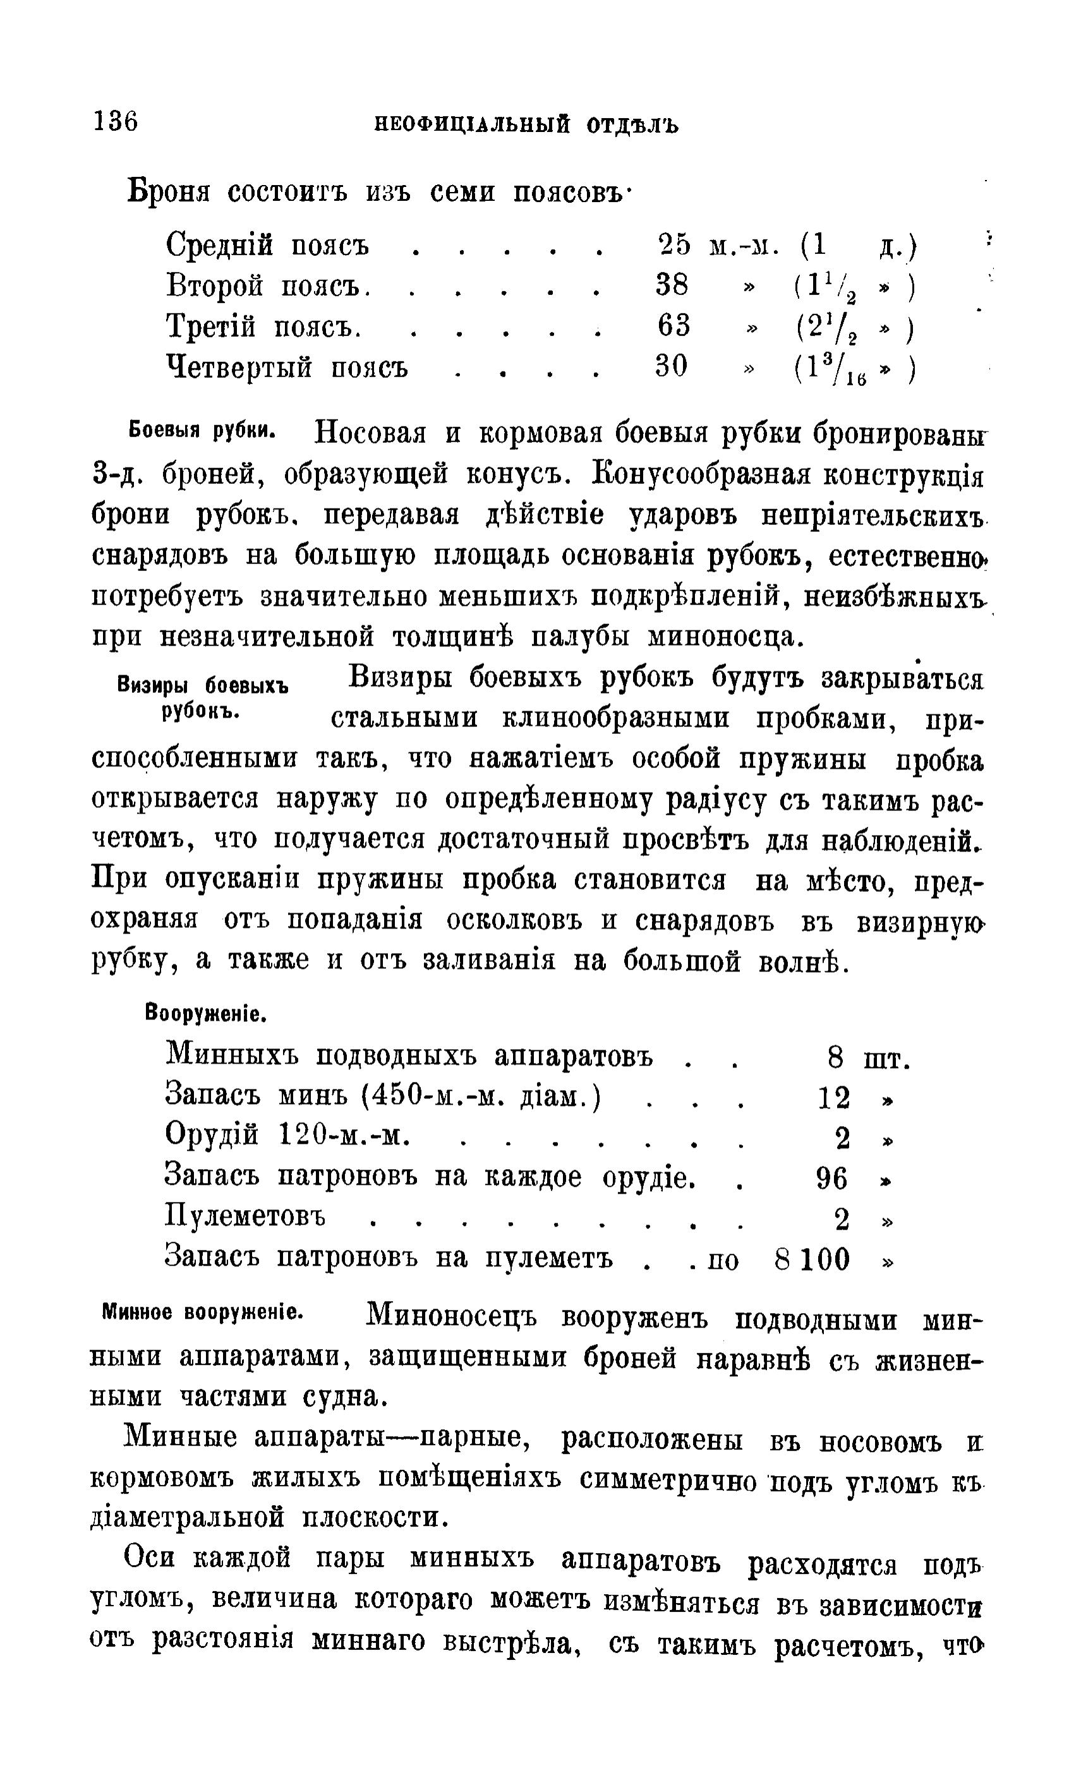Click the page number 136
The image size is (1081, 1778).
coord(115,121)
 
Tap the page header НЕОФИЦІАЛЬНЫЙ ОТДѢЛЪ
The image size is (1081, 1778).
coord(526,126)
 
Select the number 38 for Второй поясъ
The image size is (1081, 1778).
coord(671,285)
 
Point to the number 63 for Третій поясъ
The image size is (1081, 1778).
coord(673,325)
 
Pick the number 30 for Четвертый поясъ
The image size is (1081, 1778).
coord(671,366)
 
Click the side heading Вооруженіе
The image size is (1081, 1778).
coord(207,1014)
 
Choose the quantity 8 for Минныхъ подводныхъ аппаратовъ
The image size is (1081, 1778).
coord(835,1059)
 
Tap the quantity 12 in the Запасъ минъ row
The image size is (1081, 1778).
coord(833,1098)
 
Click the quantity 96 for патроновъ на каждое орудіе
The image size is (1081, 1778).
coord(831,1179)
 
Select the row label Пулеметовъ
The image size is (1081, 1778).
coord(245,1220)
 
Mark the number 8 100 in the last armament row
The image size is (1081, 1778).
coord(812,1259)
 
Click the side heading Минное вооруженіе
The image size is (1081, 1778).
coord(202,1312)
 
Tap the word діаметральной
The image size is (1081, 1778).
coord(187,1518)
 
